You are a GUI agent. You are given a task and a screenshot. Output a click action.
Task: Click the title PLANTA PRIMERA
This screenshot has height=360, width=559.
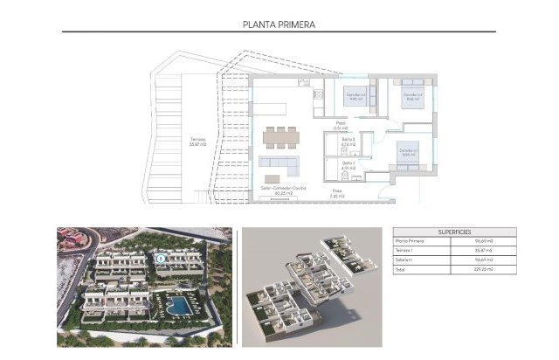tap(279, 25)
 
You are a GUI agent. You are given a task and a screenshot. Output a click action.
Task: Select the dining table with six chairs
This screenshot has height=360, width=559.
tap(280, 136)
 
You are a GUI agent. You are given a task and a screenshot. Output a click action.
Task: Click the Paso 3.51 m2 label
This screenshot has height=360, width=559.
tap(342, 126)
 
